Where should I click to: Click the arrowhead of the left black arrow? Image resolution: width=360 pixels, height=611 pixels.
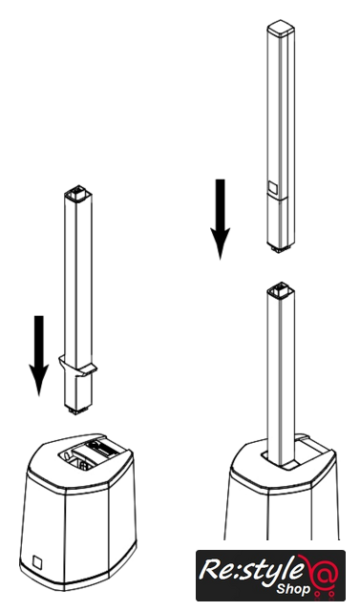click(39, 379)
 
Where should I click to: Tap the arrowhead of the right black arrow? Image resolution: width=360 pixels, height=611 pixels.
click(221, 242)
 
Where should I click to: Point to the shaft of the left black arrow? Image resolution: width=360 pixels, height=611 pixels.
click(39, 340)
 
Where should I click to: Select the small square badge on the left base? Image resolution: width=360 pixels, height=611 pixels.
click(37, 562)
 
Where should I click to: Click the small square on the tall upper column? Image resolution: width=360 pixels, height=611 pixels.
click(273, 188)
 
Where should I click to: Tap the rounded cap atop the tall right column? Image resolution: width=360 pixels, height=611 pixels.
click(281, 28)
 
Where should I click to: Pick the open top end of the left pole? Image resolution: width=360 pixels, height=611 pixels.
click(78, 194)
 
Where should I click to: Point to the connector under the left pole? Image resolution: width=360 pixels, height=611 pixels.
click(78, 411)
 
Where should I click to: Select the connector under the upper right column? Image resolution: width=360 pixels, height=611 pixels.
click(281, 248)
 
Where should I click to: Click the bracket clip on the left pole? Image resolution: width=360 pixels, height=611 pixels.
click(78, 367)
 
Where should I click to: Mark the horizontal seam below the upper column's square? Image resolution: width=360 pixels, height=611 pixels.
click(278, 198)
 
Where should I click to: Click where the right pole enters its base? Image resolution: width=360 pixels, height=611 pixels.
click(282, 461)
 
